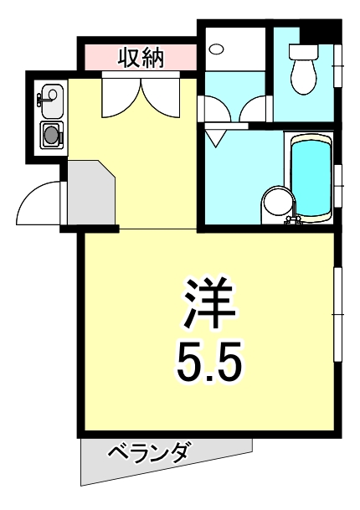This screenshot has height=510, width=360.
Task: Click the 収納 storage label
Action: (x=140, y=59)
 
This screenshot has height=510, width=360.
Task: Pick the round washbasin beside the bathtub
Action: (x=276, y=203)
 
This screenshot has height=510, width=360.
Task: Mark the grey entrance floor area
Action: (x=89, y=194)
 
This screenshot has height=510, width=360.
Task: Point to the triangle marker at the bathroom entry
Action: (x=216, y=136)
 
